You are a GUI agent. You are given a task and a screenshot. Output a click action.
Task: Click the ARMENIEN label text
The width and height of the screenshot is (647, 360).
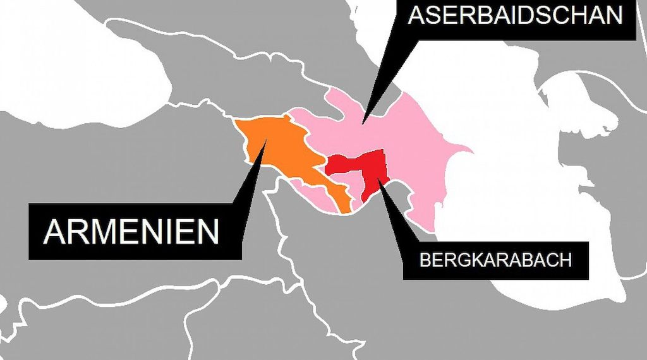pos(131,231)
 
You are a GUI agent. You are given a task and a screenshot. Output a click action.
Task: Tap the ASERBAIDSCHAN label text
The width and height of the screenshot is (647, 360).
pos(516,15)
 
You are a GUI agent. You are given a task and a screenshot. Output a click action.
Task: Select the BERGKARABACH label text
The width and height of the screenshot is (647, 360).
pos(496,260)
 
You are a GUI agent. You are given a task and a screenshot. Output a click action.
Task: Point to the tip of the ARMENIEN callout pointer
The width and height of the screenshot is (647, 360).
pos(266,140)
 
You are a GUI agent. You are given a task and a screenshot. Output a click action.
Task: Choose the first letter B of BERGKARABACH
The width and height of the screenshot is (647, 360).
pos(424,260)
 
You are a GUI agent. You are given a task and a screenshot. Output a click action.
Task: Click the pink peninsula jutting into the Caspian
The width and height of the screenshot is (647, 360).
pos(461,152)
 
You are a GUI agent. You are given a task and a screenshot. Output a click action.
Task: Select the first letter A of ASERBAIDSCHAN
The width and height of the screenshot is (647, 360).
pos(418,15)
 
